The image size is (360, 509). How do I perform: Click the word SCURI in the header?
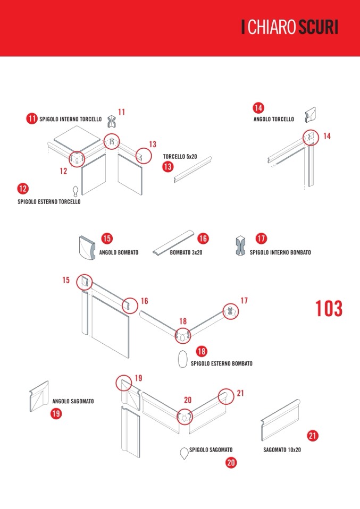[318, 28]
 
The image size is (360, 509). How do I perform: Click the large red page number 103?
[329, 309]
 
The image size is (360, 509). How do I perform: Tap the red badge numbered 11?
[32, 119]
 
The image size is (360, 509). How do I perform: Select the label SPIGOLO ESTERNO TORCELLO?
[49, 202]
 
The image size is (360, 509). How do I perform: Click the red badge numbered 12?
[23, 189]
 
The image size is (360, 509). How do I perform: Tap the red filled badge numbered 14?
[258, 108]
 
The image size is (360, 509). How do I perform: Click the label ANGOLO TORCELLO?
[273, 120]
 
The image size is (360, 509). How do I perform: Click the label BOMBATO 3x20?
[186, 253]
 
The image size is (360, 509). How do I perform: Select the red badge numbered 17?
[261, 239]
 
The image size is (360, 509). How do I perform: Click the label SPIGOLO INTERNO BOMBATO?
[280, 253]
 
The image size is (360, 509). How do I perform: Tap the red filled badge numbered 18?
[202, 351]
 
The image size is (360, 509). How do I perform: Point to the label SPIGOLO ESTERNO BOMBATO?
[221, 364]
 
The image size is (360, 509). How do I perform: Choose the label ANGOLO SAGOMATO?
[73, 402]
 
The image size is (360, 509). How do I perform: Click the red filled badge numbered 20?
[231, 462]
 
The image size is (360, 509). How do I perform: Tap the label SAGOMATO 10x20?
[282, 449]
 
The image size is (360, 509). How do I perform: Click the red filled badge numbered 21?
[313, 436]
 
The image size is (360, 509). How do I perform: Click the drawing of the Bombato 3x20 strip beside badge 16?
[173, 243]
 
